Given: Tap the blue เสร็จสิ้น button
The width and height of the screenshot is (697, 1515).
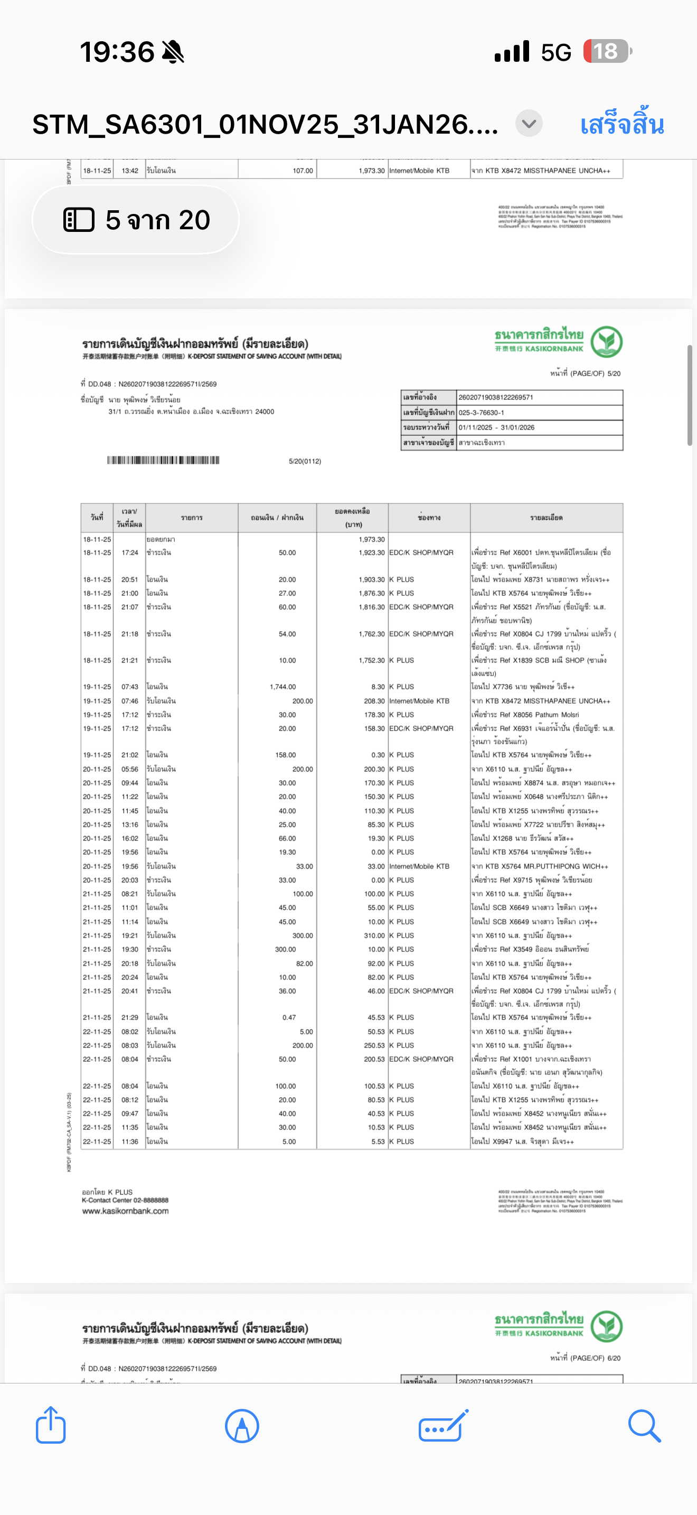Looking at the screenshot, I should point(622,125).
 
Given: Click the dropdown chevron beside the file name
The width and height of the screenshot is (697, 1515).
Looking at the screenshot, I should point(529,124).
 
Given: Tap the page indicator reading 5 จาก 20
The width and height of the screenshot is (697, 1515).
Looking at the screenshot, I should point(136,220).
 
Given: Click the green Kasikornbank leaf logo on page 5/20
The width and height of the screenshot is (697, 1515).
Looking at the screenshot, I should point(607,342).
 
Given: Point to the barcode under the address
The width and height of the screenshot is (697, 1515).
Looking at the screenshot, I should point(163,460).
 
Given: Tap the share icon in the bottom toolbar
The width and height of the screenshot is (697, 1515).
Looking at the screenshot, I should point(51,1425).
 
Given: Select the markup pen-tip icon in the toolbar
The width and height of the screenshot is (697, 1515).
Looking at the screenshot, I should point(241,1426).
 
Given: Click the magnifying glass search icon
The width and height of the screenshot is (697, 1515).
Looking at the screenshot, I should point(644,1426).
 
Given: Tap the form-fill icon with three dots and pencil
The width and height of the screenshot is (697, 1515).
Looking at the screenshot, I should point(444,1426).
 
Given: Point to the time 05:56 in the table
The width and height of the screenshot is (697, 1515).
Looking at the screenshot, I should point(130,769).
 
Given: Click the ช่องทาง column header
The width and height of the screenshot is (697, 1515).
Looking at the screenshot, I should point(429,518).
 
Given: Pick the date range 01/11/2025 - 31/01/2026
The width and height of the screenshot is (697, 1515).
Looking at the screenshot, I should point(496,427).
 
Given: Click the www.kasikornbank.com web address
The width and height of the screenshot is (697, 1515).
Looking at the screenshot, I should point(125,1211).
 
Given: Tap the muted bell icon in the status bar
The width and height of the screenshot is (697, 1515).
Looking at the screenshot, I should point(173,52).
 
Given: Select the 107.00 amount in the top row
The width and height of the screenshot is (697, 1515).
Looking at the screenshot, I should point(303,171).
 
